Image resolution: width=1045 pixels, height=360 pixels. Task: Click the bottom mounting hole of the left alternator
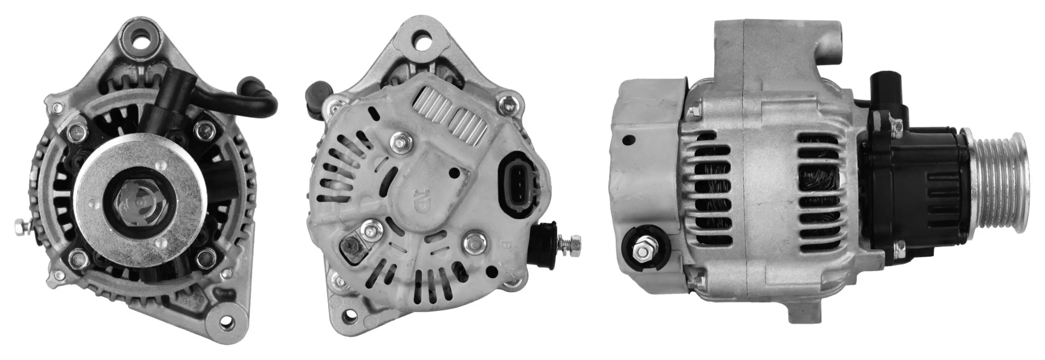(x=227, y=321)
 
